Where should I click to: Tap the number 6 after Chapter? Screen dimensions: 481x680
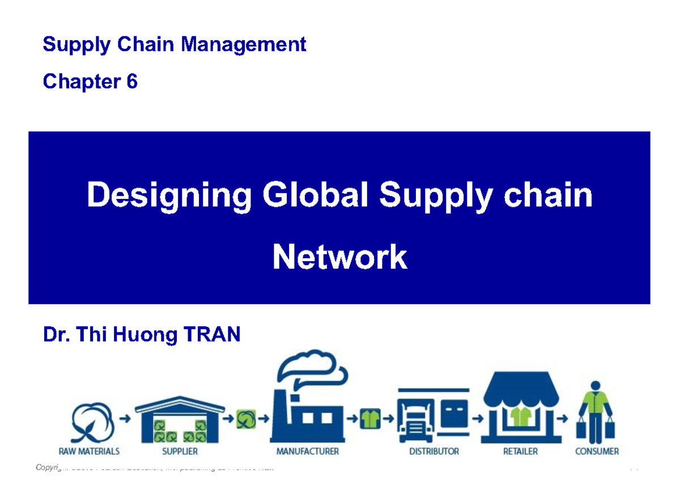[x=131, y=82]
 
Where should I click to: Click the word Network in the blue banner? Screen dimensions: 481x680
[x=339, y=258]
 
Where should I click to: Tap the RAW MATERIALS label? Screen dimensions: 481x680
[x=89, y=452]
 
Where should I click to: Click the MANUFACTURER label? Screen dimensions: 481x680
[x=307, y=452]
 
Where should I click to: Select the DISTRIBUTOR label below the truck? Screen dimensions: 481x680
[x=433, y=452]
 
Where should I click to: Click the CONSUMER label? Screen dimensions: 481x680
[x=597, y=452]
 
